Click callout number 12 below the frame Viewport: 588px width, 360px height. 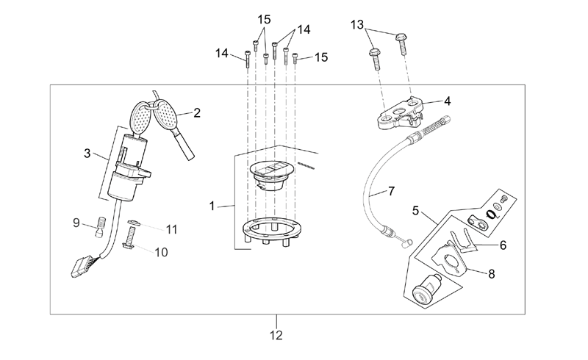pos(276,335)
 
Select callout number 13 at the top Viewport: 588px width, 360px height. pos(357,25)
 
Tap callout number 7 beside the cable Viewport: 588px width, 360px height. pos(391,191)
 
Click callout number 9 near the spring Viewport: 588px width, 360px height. pos(76,223)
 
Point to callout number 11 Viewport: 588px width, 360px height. pos(172,229)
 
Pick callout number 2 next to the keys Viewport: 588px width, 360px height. pos(197,112)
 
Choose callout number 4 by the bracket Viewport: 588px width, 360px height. pos(447,101)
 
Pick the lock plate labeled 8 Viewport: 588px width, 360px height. pos(449,258)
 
